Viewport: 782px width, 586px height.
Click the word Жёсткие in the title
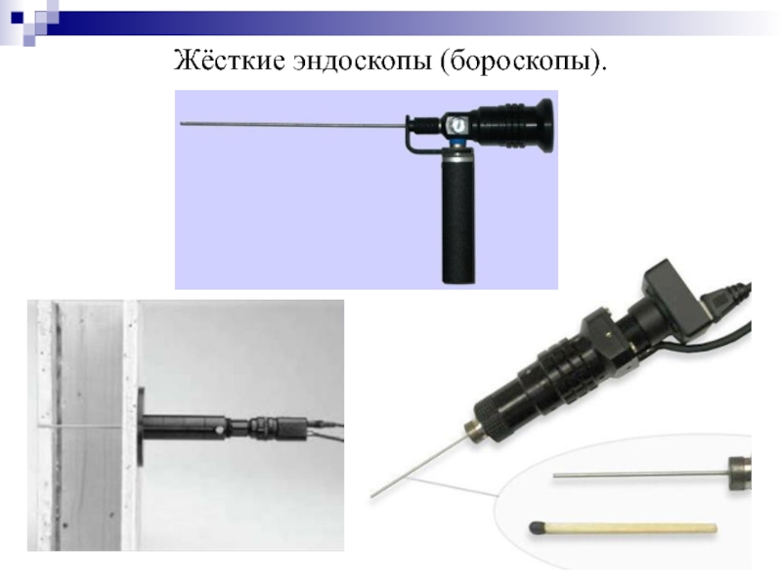tap(230, 61)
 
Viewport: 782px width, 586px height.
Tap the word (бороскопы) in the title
tap(523, 62)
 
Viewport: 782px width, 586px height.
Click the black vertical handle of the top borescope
tap(458, 219)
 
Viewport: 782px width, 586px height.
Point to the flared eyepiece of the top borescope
tap(543, 125)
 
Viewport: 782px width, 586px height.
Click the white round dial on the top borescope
tap(456, 124)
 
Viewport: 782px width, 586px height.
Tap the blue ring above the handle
tap(456, 144)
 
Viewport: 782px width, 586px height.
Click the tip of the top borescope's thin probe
tap(181, 123)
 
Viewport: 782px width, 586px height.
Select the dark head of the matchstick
tap(536, 527)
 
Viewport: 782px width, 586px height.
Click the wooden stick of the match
tap(630, 527)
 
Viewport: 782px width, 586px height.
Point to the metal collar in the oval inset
tap(740, 474)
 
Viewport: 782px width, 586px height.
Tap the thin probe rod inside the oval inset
tap(641, 475)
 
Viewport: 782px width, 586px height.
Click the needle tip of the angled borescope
tap(371, 496)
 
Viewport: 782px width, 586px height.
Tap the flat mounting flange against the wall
tap(141, 427)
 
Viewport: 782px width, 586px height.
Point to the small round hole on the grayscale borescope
tap(218, 429)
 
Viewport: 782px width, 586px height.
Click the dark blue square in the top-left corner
tap(17, 18)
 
